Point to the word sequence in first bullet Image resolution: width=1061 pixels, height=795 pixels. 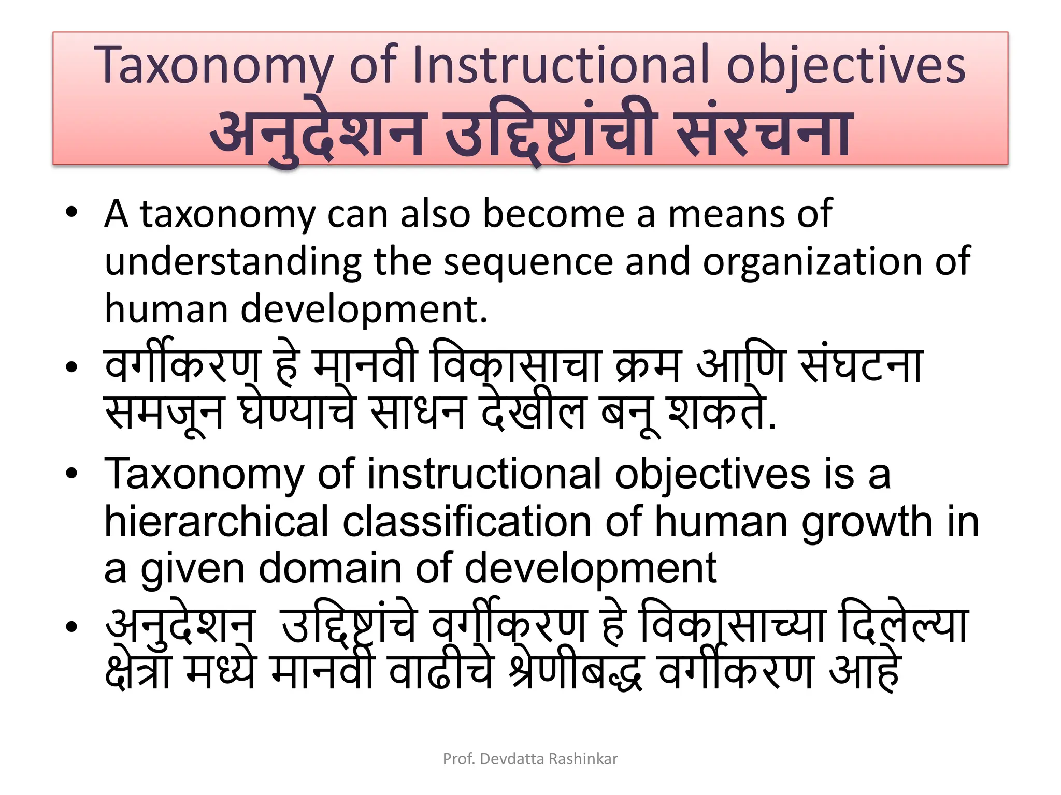pos(528,262)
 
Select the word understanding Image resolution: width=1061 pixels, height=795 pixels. pos(233,262)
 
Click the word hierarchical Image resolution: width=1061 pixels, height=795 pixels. pos(216,522)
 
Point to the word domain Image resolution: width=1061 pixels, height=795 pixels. pos(330,568)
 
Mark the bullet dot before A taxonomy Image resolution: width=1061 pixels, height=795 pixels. pos(71,212)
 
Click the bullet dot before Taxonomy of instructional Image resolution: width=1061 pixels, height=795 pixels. pos(71,473)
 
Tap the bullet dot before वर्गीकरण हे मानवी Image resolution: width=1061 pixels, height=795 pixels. pos(71,367)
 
